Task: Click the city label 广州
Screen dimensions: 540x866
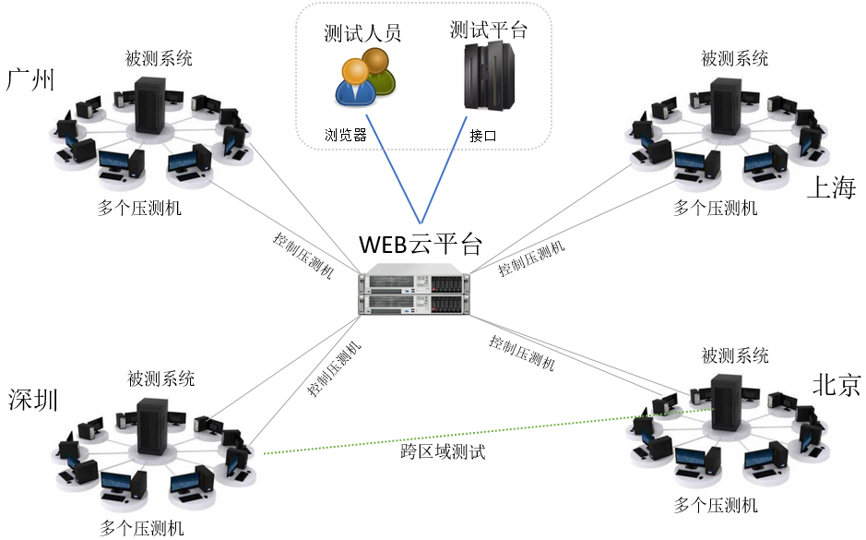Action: tap(31, 79)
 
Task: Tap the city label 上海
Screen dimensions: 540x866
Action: tap(831, 188)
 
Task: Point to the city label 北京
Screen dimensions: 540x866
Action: tap(836, 386)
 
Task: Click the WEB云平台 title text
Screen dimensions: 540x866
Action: tap(421, 245)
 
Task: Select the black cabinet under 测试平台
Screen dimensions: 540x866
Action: tap(488, 76)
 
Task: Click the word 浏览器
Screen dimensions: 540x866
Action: tap(345, 135)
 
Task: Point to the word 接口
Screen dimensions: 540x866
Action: tap(482, 135)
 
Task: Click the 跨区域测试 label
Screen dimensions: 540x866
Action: tap(443, 452)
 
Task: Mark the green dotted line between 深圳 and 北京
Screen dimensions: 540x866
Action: tap(443, 435)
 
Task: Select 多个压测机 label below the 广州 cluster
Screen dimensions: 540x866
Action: tap(140, 208)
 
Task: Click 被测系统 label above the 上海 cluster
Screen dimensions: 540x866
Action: tap(734, 59)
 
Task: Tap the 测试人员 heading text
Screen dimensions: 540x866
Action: tap(362, 34)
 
